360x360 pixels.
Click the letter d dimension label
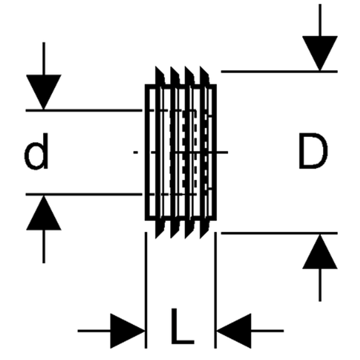37,152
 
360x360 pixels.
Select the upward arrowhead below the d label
44,214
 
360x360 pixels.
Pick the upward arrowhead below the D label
320,252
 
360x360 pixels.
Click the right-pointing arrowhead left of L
128,331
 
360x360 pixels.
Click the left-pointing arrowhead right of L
234,331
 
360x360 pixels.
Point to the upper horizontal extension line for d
83,110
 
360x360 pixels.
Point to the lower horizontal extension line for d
83,194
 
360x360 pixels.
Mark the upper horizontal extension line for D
278,71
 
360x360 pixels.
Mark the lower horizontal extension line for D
278,233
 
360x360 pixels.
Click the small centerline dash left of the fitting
136,153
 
